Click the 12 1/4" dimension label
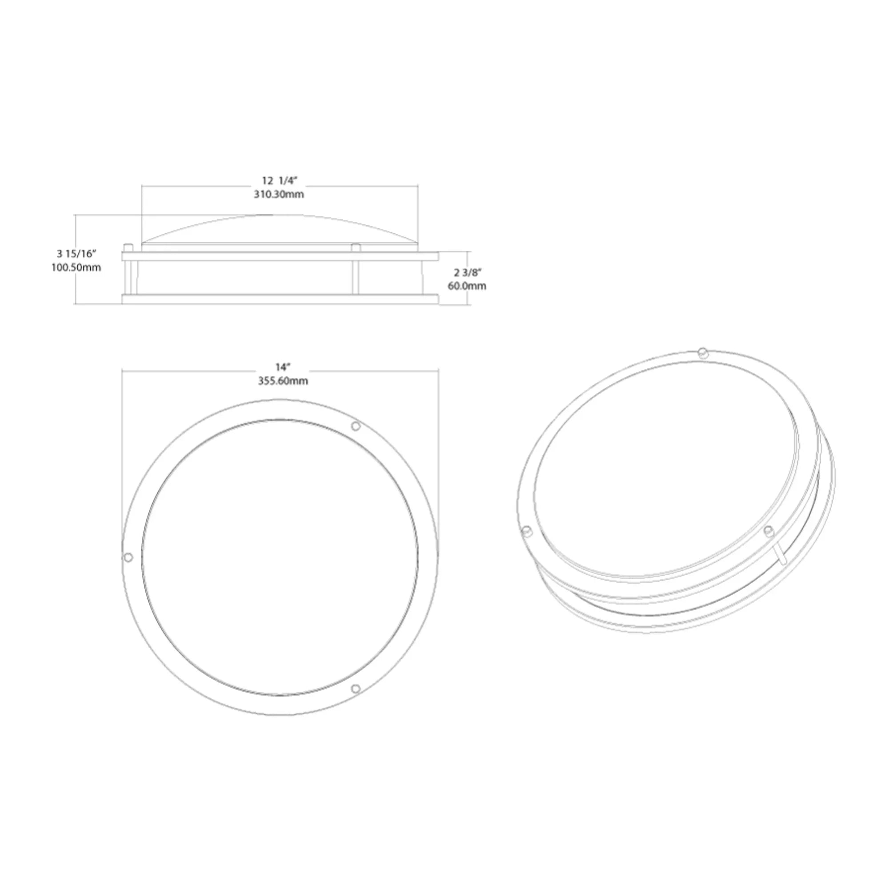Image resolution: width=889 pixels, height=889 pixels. [x=279, y=180]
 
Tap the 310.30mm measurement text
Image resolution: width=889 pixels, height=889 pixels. [x=279, y=194]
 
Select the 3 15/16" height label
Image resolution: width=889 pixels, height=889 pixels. [x=76, y=253]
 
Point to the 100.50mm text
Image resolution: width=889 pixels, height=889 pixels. [x=76, y=267]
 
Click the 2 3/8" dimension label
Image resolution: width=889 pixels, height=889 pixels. [x=468, y=272]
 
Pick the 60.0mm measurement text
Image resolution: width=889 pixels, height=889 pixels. [x=467, y=286]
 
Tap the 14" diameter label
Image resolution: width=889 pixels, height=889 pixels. [x=284, y=367]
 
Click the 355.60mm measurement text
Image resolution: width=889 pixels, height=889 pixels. [x=283, y=381]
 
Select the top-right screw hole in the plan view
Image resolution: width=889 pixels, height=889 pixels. [x=356, y=427]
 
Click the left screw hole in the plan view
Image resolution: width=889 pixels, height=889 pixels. [x=128, y=557]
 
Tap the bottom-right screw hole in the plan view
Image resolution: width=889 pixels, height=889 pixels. [x=355, y=689]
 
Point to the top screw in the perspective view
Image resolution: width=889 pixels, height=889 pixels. [x=702, y=353]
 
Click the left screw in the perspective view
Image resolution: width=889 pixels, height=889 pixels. [x=527, y=531]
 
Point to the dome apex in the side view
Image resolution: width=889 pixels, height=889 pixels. [x=272, y=215]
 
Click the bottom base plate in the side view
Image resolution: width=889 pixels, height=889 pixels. [x=280, y=300]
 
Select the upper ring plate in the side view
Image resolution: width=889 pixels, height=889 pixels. [x=280, y=256]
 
